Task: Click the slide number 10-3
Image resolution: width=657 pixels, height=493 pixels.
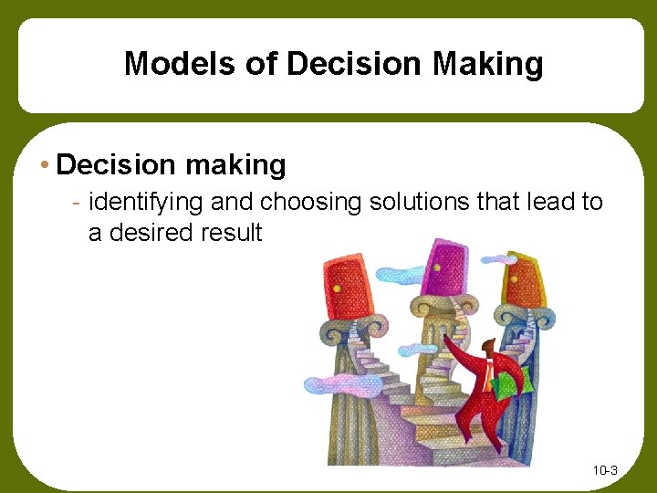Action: [605, 471]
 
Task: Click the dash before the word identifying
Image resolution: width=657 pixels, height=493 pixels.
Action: [78, 202]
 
